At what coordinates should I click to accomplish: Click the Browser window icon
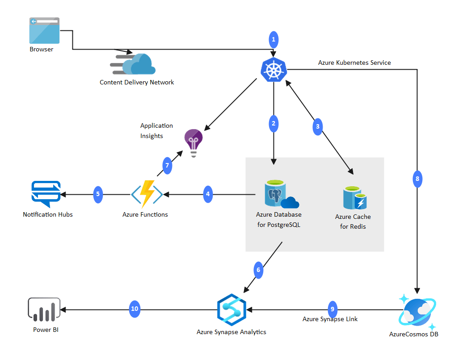click(x=44, y=30)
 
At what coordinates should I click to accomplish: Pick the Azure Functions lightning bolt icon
click(x=147, y=194)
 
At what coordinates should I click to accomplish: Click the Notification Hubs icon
click(x=46, y=193)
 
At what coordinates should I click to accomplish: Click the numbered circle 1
click(x=274, y=40)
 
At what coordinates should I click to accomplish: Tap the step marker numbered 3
click(x=318, y=126)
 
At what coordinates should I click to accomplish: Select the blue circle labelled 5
click(x=98, y=194)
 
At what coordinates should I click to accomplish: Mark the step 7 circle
click(x=167, y=166)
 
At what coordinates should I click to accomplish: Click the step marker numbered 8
click(x=417, y=179)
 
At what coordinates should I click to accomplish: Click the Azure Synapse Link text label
click(x=330, y=319)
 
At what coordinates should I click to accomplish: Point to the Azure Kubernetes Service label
click(x=354, y=63)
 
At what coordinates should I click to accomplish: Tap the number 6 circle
click(x=258, y=270)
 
